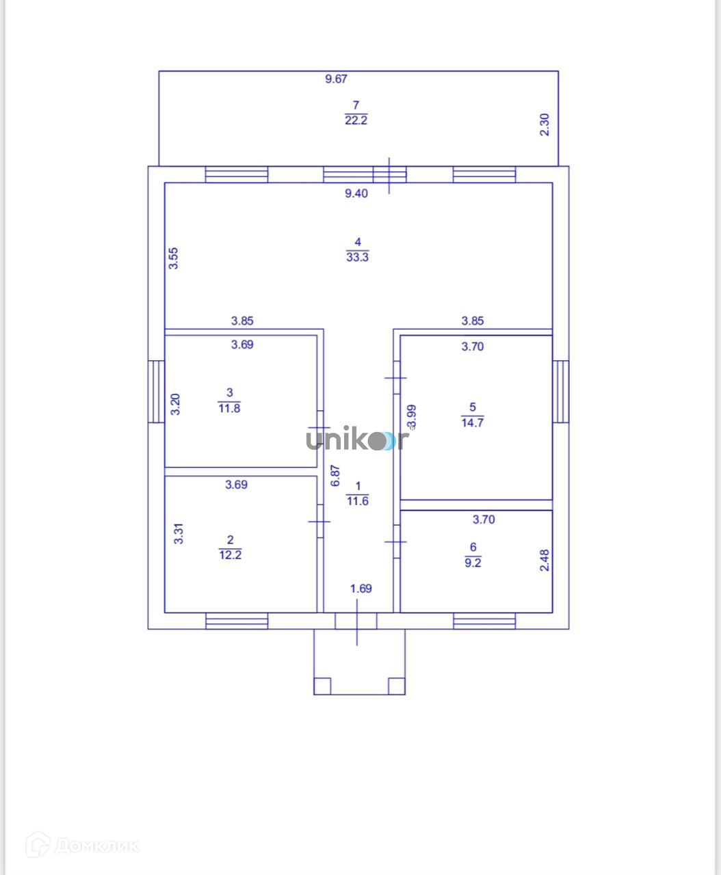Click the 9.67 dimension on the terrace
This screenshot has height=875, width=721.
coord(336,79)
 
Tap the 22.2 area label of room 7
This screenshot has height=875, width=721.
coord(356,120)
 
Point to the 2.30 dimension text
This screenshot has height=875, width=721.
coord(545,124)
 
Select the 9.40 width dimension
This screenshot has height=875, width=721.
coord(356,193)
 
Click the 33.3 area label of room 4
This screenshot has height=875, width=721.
coord(357,257)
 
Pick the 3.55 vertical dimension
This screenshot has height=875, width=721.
coord(174,258)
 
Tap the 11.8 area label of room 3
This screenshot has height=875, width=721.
coord(229,408)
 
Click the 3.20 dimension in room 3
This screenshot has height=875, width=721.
coord(176,405)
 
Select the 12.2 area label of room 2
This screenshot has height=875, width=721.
coord(230,555)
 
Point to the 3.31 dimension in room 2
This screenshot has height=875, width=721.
coord(179,533)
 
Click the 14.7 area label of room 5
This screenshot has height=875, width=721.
coord(472,422)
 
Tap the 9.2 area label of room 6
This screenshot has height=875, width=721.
coord(473,563)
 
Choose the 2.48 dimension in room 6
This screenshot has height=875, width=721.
coord(545,561)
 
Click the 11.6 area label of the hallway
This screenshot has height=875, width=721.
coord(357,501)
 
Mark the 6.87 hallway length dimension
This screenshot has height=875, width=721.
coord(335,476)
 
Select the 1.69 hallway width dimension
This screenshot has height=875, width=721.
coord(360,589)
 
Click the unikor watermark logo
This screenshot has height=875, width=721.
coord(357,440)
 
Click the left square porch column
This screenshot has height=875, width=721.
coord(322,686)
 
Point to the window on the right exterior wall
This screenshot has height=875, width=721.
coord(561,392)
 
